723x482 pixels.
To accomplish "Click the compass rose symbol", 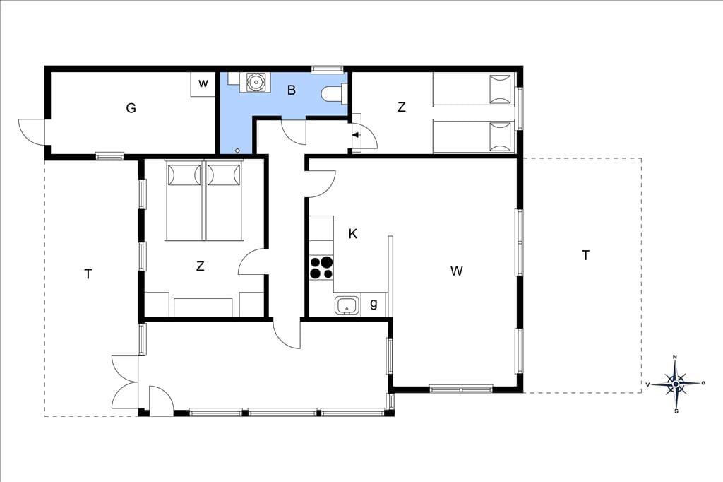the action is click(x=676, y=384).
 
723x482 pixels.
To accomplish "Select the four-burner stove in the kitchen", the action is click(x=321, y=267).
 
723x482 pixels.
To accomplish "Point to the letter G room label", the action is click(x=131, y=108).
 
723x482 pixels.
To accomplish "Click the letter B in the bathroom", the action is click(x=292, y=90).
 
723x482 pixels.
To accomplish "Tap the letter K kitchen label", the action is click(x=353, y=234).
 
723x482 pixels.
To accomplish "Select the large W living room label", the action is click(x=457, y=271).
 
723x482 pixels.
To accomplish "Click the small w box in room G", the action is click(x=203, y=83).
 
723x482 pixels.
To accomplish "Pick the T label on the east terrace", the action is click(x=585, y=255).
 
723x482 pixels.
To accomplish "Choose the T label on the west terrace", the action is click(x=88, y=274).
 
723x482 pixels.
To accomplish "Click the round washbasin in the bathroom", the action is click(x=254, y=82).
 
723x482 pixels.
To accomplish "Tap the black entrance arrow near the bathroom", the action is click(x=356, y=135).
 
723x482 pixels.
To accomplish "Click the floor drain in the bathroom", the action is click(x=237, y=150).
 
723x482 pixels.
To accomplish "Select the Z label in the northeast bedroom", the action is click(x=402, y=107).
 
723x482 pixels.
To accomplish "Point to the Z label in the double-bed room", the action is click(x=200, y=266).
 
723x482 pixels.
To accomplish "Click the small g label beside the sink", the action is click(x=374, y=304).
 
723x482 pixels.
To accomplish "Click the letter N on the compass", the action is click(x=675, y=357).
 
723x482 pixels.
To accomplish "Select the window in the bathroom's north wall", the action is click(x=328, y=69).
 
